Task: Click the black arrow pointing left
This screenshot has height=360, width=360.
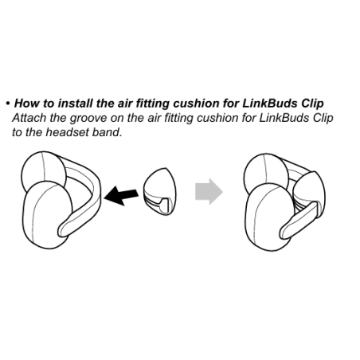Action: [121, 196]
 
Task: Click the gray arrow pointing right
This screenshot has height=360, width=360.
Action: [209, 191]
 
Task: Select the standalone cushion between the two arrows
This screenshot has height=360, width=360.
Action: [160, 191]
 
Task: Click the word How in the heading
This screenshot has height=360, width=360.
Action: [27, 104]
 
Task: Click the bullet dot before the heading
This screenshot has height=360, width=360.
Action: [8, 104]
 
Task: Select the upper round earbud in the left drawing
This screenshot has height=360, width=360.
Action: [42, 170]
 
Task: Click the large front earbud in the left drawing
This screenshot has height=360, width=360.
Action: [47, 216]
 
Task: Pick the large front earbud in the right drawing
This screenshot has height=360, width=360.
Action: [270, 217]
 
